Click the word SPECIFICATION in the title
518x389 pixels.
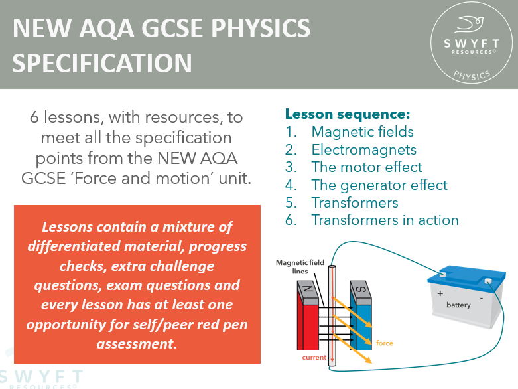pyautogui.click(x=102, y=62)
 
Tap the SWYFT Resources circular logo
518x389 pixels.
pyautogui.click(x=472, y=45)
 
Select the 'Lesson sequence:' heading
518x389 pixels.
pyautogui.click(x=348, y=114)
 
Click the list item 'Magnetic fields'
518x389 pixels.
pyautogui.click(x=362, y=131)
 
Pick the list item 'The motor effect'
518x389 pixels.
pyautogui.click(x=367, y=167)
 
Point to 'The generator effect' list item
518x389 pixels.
pyautogui.click(x=379, y=185)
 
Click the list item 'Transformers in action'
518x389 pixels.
pyautogui.click(x=385, y=220)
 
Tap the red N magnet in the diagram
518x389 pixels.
pyautogui.click(x=310, y=312)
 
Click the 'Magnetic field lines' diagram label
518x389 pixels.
pyautogui.click(x=300, y=267)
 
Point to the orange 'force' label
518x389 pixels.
pyautogui.click(x=385, y=343)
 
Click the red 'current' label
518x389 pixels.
pyautogui.click(x=314, y=358)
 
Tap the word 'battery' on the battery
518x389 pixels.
pyautogui.click(x=458, y=305)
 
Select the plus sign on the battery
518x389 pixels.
pyautogui.click(x=438, y=293)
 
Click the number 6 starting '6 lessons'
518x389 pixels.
pyautogui.click(x=34, y=117)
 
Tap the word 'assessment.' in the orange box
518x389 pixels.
pyautogui.click(x=137, y=343)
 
